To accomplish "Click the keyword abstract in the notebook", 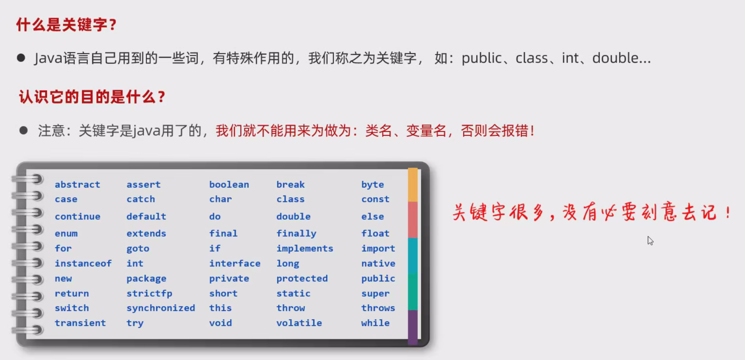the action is pos(77,184).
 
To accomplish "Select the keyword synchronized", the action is pos(161,308).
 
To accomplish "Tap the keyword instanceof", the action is pos(83,263).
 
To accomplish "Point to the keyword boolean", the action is pos(229,184).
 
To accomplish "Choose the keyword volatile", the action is pos(299,323).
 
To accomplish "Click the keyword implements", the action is pos(305,248).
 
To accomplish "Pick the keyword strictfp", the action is pos(149,293).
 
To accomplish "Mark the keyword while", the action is pos(375,323).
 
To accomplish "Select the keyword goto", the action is pos(138,249).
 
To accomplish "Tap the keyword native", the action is pos(378,264).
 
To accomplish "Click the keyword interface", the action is pos(235,263).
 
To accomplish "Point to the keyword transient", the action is pos(80,323).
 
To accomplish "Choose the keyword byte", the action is pos(372,185).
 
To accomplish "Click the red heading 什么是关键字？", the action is pos(67,25).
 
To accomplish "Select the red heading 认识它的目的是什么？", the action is pos(92,97).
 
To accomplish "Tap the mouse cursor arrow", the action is pos(650,240).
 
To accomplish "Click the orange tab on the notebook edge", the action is pos(413,185).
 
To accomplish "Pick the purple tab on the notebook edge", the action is pos(413,327).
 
